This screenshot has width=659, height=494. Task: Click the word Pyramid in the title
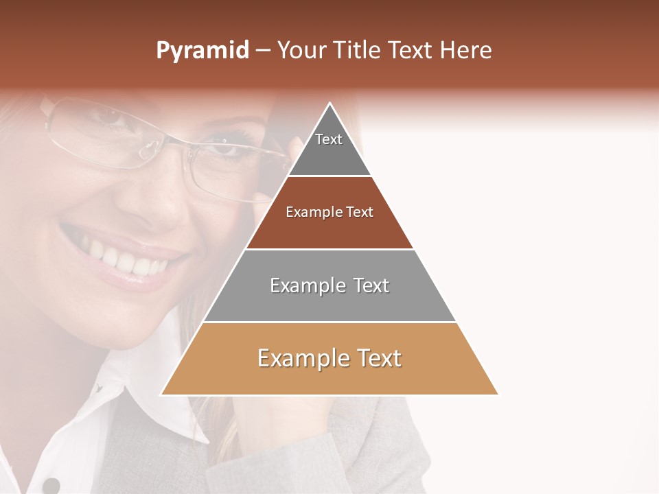click(x=202, y=51)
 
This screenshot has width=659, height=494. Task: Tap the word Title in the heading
click(x=358, y=51)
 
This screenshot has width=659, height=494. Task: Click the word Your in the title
click(x=301, y=51)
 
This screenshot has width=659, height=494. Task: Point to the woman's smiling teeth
click(x=124, y=257)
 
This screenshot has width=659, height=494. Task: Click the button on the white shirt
click(x=50, y=484)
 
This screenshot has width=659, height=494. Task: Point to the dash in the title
click(x=263, y=51)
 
